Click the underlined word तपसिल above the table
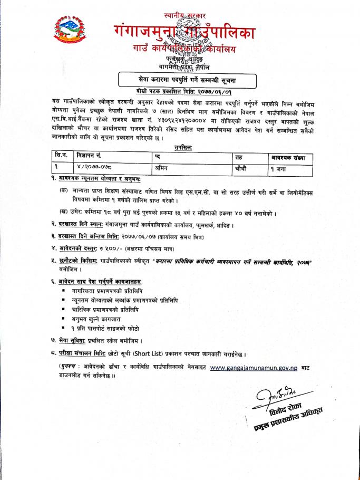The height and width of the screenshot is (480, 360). (x=182, y=148)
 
